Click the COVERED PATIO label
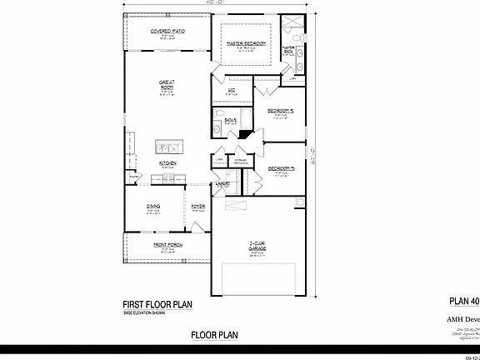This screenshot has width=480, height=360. click(167, 31)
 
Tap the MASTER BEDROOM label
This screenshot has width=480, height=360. click(247, 42)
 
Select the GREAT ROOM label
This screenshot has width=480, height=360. click(167, 84)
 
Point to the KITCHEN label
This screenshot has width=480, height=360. click(167, 163)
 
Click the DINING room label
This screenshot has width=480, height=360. click(153, 206)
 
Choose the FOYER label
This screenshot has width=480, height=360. click(198, 206)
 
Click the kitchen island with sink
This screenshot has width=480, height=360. click(167, 147)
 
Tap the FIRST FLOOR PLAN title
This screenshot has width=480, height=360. click(157, 305)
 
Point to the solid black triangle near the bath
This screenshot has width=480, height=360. click(243, 133)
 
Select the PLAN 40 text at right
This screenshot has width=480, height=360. click(464, 301)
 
